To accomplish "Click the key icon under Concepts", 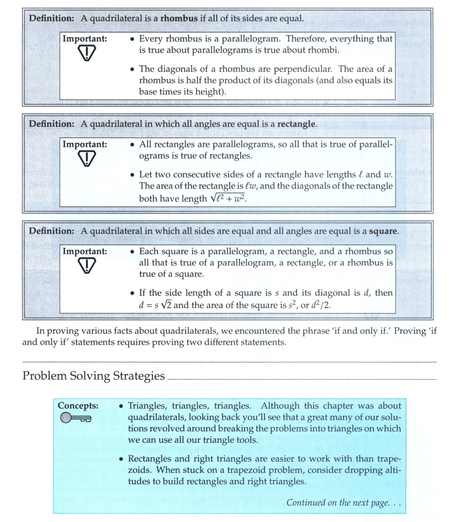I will coord(76,418).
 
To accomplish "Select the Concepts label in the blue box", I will coord(78,406).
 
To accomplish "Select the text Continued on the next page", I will coord(344,503).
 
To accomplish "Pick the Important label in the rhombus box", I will coord(84,39).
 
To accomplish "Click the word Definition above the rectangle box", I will coord(51,124).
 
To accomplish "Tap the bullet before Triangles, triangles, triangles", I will coord(122,406).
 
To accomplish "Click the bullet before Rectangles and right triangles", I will coord(122,459).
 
